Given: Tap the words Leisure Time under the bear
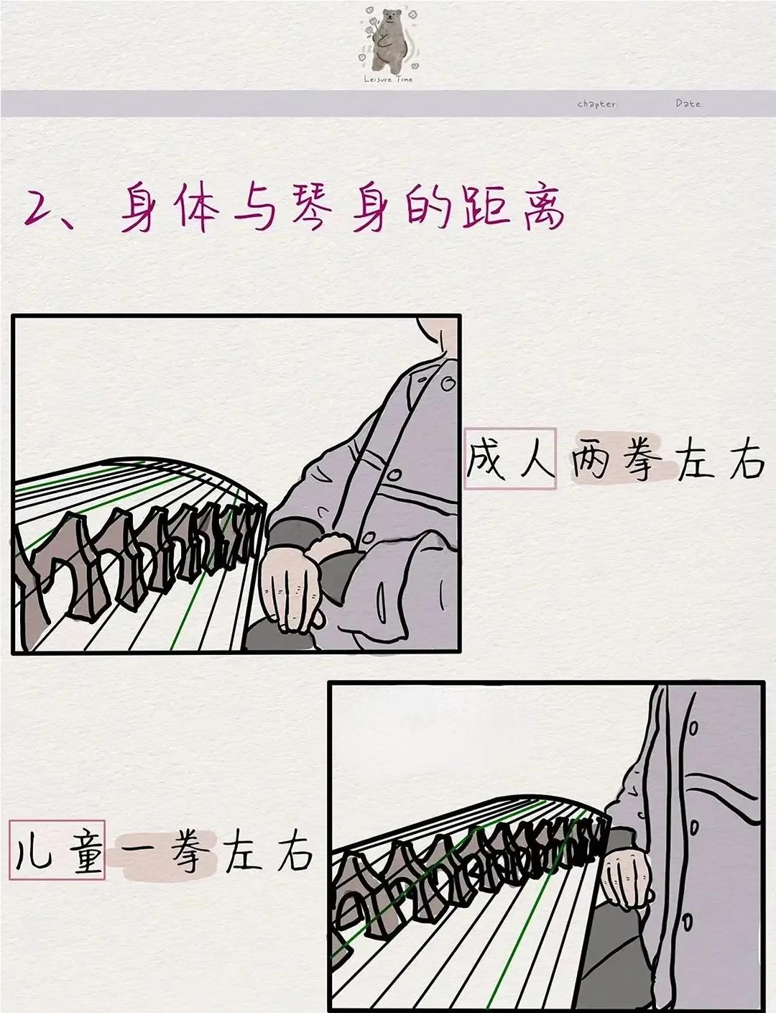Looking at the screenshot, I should (389, 79).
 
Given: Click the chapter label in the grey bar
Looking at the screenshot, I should (597, 104).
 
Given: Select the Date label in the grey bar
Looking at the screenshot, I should (688, 104).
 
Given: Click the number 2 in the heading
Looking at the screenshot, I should (42, 208).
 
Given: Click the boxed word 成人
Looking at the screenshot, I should (510, 459).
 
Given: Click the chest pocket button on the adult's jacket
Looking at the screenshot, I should (394, 475).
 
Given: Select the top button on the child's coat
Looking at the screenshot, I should (693, 728).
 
